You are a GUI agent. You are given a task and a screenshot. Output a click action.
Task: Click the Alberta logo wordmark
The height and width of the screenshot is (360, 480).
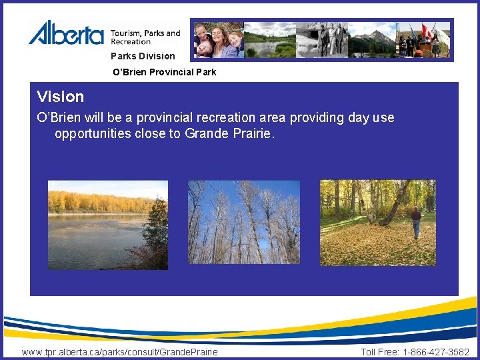(66, 33)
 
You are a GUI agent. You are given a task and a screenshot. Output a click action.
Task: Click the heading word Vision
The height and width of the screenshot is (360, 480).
(61, 97)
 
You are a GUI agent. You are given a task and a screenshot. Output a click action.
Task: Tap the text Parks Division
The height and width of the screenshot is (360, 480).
(143, 56)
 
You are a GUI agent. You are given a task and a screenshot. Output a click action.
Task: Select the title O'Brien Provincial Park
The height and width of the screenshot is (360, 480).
(164, 72)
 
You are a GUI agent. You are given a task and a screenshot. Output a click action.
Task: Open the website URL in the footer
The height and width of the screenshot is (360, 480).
(119, 352)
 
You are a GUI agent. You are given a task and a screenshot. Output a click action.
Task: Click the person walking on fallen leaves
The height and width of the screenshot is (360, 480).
(416, 221)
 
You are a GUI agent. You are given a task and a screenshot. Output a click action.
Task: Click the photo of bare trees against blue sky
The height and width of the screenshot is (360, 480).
(243, 223)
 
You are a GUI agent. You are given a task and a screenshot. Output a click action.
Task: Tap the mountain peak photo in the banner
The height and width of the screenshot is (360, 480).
(373, 40)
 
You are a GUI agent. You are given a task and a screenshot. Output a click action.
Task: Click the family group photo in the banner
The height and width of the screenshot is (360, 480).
(217, 40)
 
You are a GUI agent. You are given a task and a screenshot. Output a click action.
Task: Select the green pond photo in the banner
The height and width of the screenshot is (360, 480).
(269, 40)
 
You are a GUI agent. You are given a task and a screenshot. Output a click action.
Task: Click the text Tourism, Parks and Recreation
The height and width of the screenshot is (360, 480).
(145, 37)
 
